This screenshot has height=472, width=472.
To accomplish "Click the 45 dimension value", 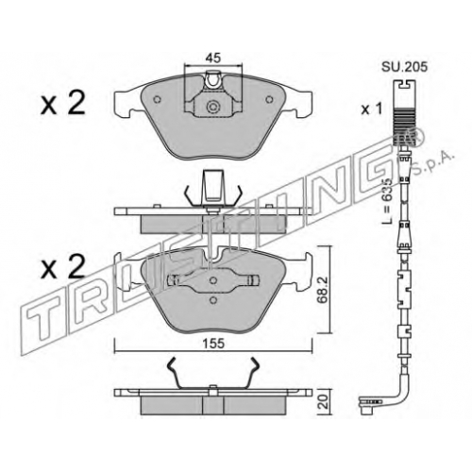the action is point(213,58).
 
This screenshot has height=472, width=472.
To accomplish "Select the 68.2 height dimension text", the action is point(322,290).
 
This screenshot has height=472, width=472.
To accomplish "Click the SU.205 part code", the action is point(404,67).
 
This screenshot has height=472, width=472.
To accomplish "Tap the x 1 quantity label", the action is point(371,110).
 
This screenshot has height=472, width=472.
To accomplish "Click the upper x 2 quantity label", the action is point(63,102).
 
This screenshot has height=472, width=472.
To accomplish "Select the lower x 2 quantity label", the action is point(63,266).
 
